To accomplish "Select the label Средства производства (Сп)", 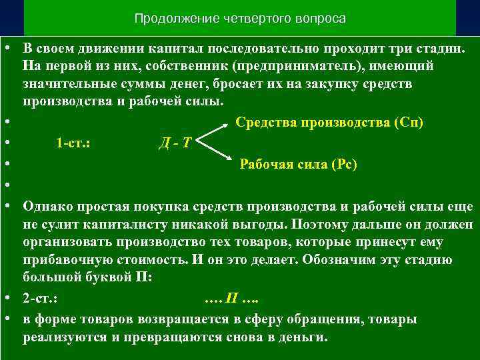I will click(x=329, y=123).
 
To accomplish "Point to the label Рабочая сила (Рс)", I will click(x=298, y=165).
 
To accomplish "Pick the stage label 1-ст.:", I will click(x=73, y=143).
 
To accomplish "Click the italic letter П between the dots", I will click(x=230, y=295).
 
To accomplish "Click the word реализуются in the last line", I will click(x=63, y=337).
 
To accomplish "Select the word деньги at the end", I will click(x=305, y=337).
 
